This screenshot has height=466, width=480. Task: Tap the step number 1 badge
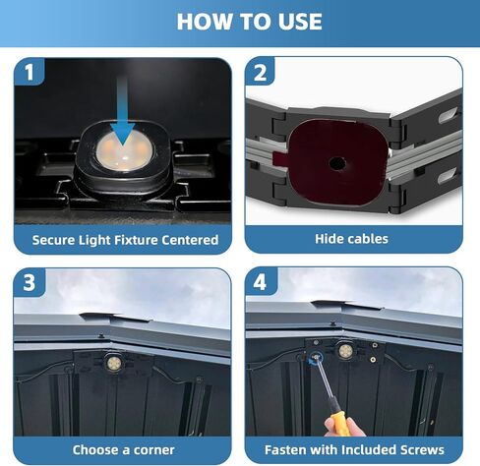pos(30,72)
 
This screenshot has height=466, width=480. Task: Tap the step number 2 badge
pos(260,72)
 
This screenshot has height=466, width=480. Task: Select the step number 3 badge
pos(30,282)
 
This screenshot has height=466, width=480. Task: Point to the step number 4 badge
pos(260,282)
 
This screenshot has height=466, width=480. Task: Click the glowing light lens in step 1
pos(125,151)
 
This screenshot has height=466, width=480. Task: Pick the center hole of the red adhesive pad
pos(336,163)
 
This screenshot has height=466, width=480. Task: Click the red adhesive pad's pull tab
pos(279,158)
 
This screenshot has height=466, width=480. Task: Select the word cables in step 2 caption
pos(369,239)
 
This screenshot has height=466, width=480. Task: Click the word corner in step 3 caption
pos(154,450)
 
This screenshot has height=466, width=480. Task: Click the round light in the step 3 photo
pos(114,362)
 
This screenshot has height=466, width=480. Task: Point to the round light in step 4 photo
pos(345,351)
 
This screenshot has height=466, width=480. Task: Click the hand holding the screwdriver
pos(345,427)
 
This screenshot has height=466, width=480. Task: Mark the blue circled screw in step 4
pos(316,357)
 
